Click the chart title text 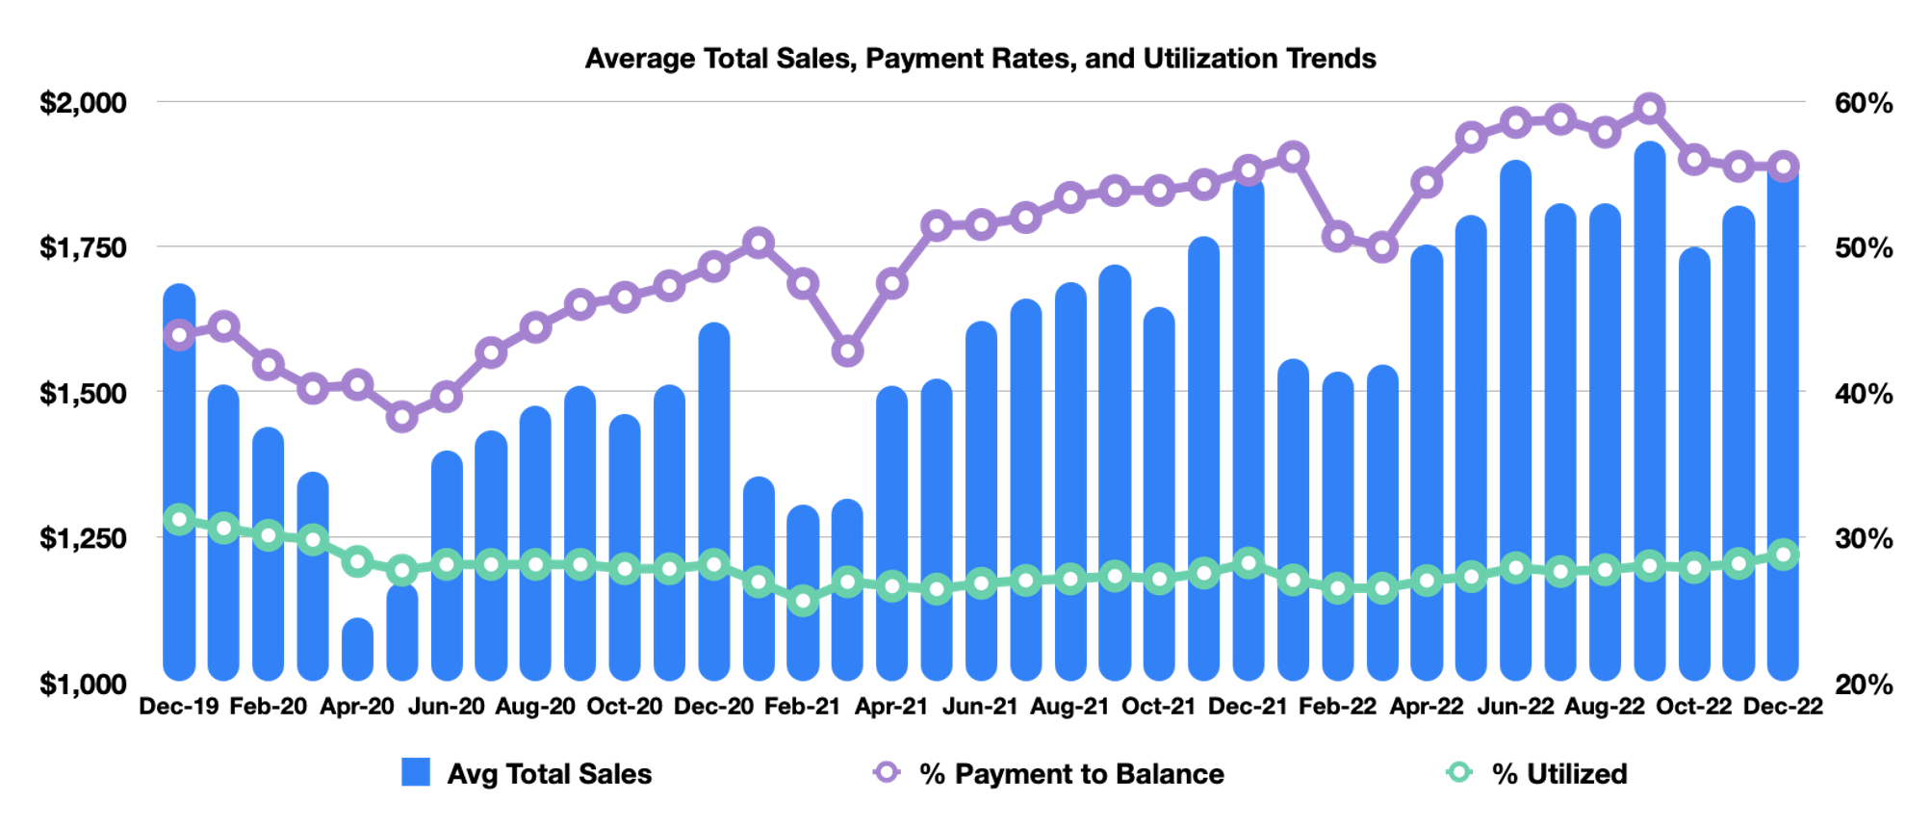(980, 59)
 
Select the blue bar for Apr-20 (357, 650)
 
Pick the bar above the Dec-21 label (1249, 433)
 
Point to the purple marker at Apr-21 (892, 284)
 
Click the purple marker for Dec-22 (1784, 167)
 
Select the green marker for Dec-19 (179, 520)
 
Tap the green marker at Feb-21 (803, 602)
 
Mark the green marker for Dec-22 (1784, 556)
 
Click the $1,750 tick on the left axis (83, 247)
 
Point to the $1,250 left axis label (83, 538)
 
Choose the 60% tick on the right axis (1864, 103)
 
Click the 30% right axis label (1864, 538)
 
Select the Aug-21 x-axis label (1069, 707)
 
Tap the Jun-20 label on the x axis (446, 707)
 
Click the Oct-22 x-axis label (1694, 707)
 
